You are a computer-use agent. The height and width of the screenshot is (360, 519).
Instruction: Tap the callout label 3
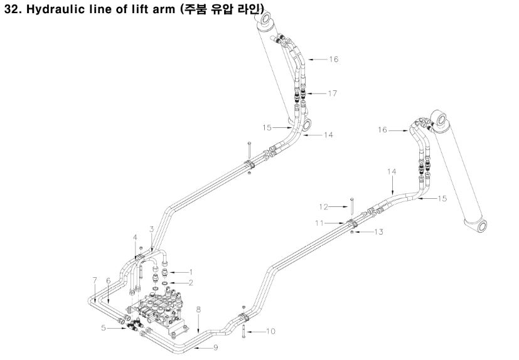coord(151,229)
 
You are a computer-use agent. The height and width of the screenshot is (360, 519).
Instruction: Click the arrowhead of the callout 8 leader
coord(196,331)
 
